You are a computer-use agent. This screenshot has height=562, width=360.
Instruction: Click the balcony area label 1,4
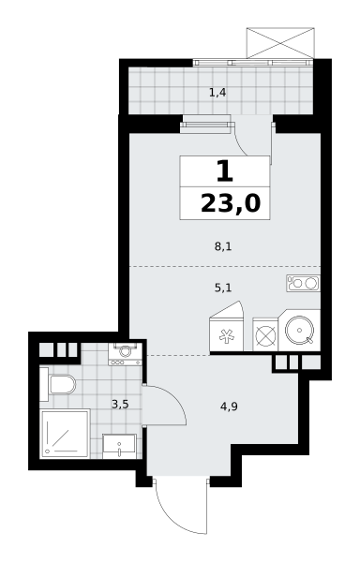click(x=217, y=93)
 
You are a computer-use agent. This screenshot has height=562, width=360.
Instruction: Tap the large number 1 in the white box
click(x=225, y=171)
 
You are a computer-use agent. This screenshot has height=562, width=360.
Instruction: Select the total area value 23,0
click(x=231, y=203)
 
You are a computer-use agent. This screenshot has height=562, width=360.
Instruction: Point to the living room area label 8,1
click(x=223, y=246)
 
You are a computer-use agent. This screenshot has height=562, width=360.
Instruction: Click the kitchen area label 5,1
click(x=223, y=288)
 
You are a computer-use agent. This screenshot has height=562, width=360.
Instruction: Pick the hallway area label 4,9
click(x=230, y=407)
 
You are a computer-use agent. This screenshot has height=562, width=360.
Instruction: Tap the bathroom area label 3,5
click(x=120, y=405)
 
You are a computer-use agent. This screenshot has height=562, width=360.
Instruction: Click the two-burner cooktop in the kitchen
click(x=303, y=283)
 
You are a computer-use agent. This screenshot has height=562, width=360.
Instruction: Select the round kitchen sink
click(x=300, y=330)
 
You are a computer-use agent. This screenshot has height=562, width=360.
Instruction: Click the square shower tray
click(x=65, y=434)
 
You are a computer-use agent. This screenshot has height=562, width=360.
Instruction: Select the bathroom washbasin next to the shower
click(x=119, y=446)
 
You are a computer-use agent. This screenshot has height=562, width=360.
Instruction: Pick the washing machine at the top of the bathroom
click(x=125, y=354)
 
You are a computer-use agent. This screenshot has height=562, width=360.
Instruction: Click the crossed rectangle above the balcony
click(x=280, y=43)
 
